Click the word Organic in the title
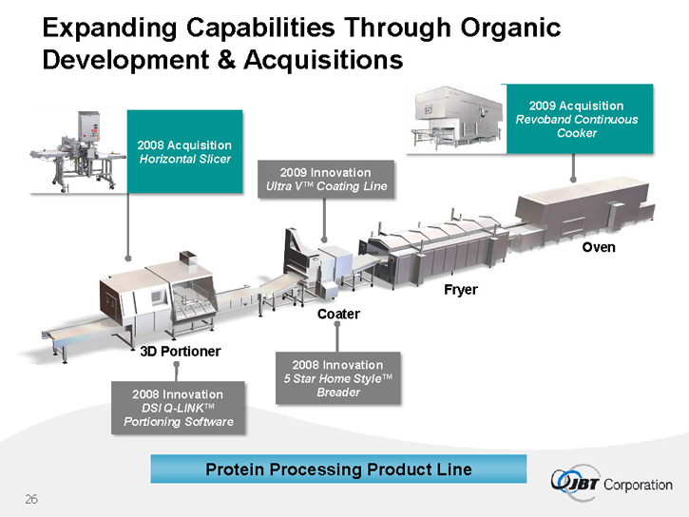coord(510,29)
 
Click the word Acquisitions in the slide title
coord(323,60)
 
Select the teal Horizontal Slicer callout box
coord(184,151)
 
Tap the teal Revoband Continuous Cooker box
coord(579,119)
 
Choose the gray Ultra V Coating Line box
coord(326,180)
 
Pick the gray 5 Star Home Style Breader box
coord(338,378)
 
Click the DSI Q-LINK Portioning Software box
coord(178,408)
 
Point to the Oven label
coord(599,247)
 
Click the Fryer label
coord(461,290)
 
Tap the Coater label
coord(338,314)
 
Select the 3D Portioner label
coord(181,352)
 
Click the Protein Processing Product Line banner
coord(338,469)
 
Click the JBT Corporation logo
coord(611,483)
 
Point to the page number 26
coord(31,499)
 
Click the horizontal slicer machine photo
coord(78,151)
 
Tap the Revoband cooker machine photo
coord(457,119)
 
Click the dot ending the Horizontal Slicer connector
coord(128,258)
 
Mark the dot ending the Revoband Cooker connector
coord(573,180)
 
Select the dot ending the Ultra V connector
coord(324,239)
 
